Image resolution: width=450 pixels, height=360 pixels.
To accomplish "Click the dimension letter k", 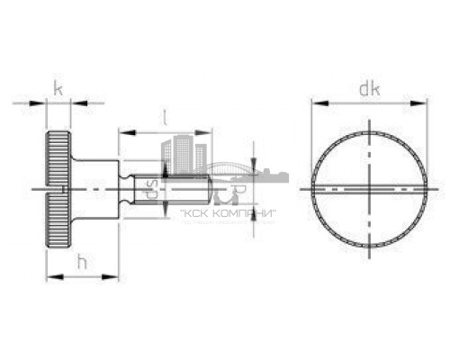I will pos(58,88).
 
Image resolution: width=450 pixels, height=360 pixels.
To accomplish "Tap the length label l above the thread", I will pos(165,116).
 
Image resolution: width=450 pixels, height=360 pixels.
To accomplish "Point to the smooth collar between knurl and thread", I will pos(99,188).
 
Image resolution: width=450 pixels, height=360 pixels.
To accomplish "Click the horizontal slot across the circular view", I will pos(368,188).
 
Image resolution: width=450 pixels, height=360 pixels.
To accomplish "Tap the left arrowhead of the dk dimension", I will pos(316,103).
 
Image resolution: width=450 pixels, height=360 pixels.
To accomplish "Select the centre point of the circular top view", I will pos(368,189).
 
